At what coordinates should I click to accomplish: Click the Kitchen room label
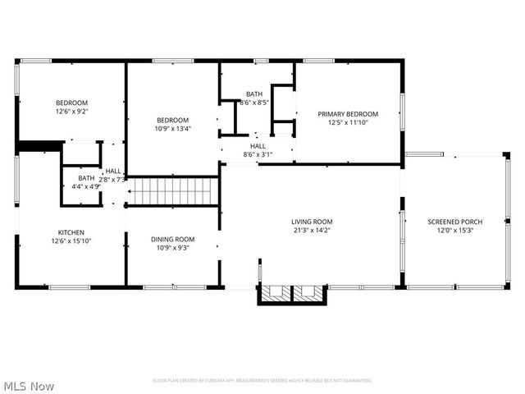(71, 232)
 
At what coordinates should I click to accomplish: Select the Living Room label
(312, 222)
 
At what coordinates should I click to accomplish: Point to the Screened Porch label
(454, 222)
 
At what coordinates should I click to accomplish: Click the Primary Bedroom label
(349, 114)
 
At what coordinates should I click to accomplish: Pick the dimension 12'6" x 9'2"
(71, 111)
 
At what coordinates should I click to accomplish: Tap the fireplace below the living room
(293, 294)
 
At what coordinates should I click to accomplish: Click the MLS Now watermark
(29, 385)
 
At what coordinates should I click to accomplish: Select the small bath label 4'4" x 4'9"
(85, 186)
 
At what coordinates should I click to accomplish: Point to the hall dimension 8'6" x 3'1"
(258, 154)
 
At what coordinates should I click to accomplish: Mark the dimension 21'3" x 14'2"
(312, 231)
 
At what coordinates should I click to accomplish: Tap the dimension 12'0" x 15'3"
(454, 231)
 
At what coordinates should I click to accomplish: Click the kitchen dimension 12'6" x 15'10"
(71, 241)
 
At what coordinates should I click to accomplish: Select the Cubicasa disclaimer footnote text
(262, 381)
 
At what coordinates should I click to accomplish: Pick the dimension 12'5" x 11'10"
(349, 123)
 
